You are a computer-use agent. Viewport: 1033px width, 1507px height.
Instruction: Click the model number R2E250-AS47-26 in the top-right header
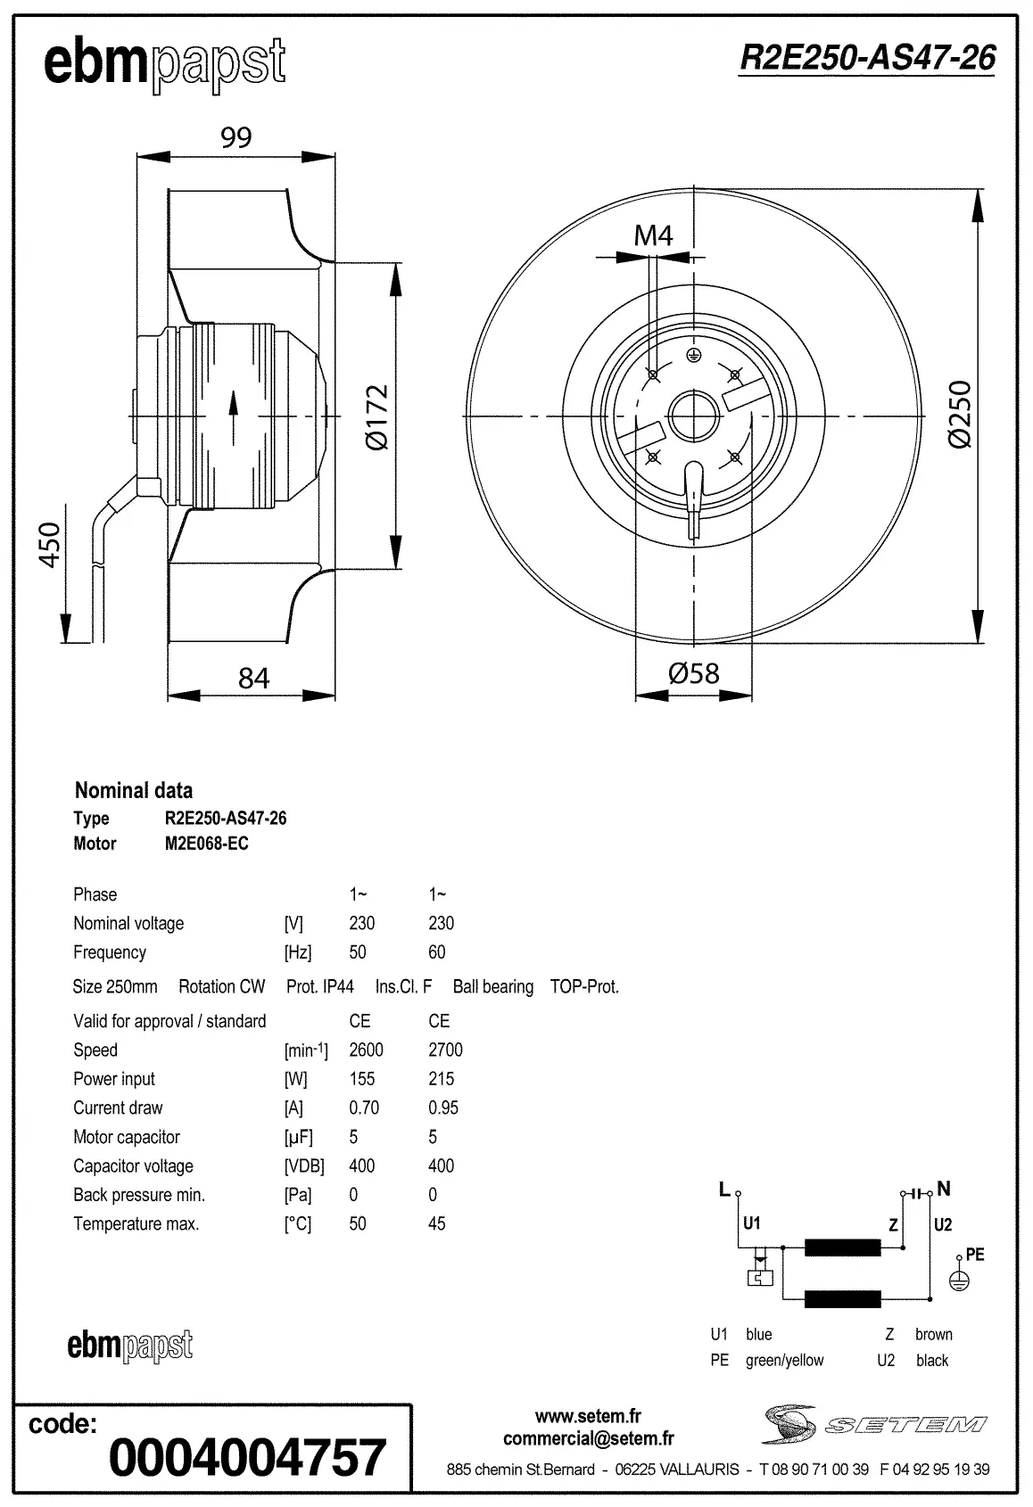(x=867, y=58)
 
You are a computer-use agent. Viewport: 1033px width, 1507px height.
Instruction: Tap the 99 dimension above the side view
(x=236, y=137)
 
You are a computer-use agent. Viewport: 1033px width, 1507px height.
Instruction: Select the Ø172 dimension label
(x=378, y=417)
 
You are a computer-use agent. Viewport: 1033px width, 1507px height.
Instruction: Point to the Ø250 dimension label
(x=960, y=415)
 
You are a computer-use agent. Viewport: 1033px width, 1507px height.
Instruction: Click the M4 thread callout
(x=653, y=235)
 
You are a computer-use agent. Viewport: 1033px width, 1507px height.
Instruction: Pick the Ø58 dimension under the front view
(x=693, y=672)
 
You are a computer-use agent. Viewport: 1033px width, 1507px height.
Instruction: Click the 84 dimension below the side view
(x=253, y=679)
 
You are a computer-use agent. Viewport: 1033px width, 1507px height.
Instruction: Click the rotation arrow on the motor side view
(x=234, y=416)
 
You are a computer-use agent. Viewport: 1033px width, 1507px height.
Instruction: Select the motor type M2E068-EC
(x=206, y=844)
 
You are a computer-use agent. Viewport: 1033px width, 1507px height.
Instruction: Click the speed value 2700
(x=445, y=1050)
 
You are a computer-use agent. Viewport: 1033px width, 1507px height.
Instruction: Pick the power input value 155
(x=361, y=1079)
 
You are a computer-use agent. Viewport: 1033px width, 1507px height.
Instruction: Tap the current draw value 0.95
(x=443, y=1108)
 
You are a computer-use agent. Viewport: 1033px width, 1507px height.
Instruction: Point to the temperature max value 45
(x=436, y=1223)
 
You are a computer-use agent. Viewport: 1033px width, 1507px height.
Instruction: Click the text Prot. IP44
(x=319, y=986)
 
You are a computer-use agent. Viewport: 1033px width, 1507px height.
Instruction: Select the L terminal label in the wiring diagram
(x=724, y=1189)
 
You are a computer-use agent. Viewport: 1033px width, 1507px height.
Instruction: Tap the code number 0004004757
(x=247, y=1458)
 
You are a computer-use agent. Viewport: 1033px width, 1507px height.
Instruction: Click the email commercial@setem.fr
(x=588, y=1438)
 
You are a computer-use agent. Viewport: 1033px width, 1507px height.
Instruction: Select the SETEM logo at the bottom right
(x=874, y=1424)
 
